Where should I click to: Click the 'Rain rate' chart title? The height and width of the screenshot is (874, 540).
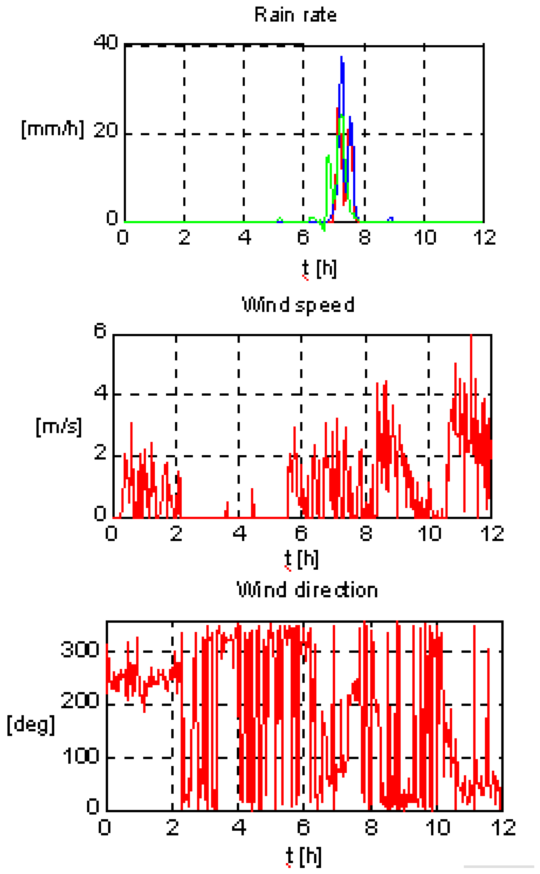pos(295,15)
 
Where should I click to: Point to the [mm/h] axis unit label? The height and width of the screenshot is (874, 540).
pos(53,129)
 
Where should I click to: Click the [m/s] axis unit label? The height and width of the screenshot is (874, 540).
pos(59,426)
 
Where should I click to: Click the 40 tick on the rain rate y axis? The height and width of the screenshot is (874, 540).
pos(106,42)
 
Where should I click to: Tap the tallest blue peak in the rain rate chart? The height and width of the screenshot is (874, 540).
pos(341,58)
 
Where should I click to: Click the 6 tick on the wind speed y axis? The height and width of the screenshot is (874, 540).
pos(100,331)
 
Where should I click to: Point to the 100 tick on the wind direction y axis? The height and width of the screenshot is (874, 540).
pos(81,756)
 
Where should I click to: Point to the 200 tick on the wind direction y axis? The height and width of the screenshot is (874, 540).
pos(80,700)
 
